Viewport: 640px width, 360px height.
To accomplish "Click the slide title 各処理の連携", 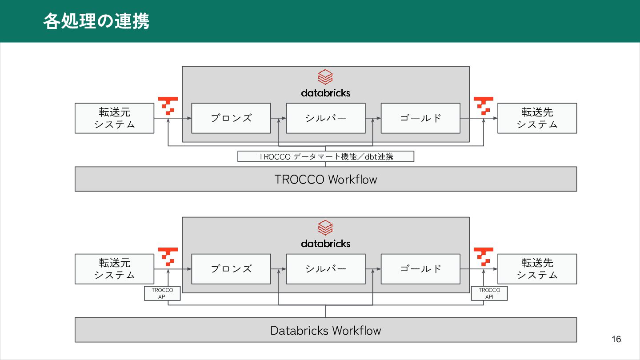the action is click(96, 21).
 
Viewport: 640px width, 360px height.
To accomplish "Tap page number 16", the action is click(616, 340).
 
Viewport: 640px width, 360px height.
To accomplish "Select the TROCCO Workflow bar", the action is click(325, 179).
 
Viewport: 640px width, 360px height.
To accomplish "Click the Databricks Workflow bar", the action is click(325, 330).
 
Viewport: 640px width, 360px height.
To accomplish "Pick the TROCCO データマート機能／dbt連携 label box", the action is click(325, 156).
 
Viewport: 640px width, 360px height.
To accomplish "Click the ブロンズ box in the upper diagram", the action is click(231, 118).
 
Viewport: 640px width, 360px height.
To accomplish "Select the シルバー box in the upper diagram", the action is click(325, 118).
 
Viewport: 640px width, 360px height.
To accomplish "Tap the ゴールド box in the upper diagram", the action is click(420, 118).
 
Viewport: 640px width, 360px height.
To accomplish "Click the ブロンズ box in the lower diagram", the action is click(231, 269).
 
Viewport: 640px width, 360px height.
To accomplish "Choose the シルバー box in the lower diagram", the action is click(325, 269).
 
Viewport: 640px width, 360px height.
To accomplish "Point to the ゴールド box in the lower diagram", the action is click(420, 269).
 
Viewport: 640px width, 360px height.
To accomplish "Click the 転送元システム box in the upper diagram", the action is click(114, 118).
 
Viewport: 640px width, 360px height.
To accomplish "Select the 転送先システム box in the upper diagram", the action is click(537, 118).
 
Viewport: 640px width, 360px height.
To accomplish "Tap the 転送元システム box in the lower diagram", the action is click(114, 269).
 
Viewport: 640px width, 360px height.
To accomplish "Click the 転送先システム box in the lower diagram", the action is click(537, 269).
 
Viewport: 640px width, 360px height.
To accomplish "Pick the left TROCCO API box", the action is click(162, 293).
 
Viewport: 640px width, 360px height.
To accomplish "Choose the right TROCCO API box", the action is click(489, 293).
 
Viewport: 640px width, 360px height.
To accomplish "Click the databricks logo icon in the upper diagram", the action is click(325, 77).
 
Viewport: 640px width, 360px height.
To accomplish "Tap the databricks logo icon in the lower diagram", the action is click(325, 228).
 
